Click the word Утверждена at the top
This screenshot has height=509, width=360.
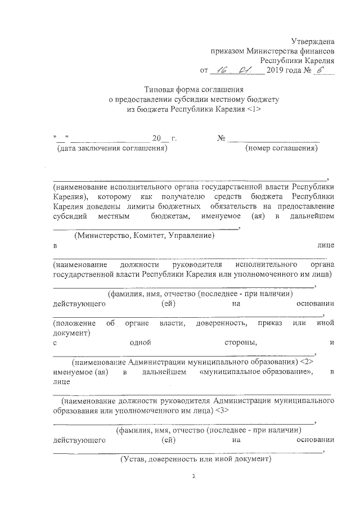coord(313,41)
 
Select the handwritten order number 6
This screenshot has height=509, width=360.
coord(322,70)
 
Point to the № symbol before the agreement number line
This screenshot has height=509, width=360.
coord(221,139)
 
